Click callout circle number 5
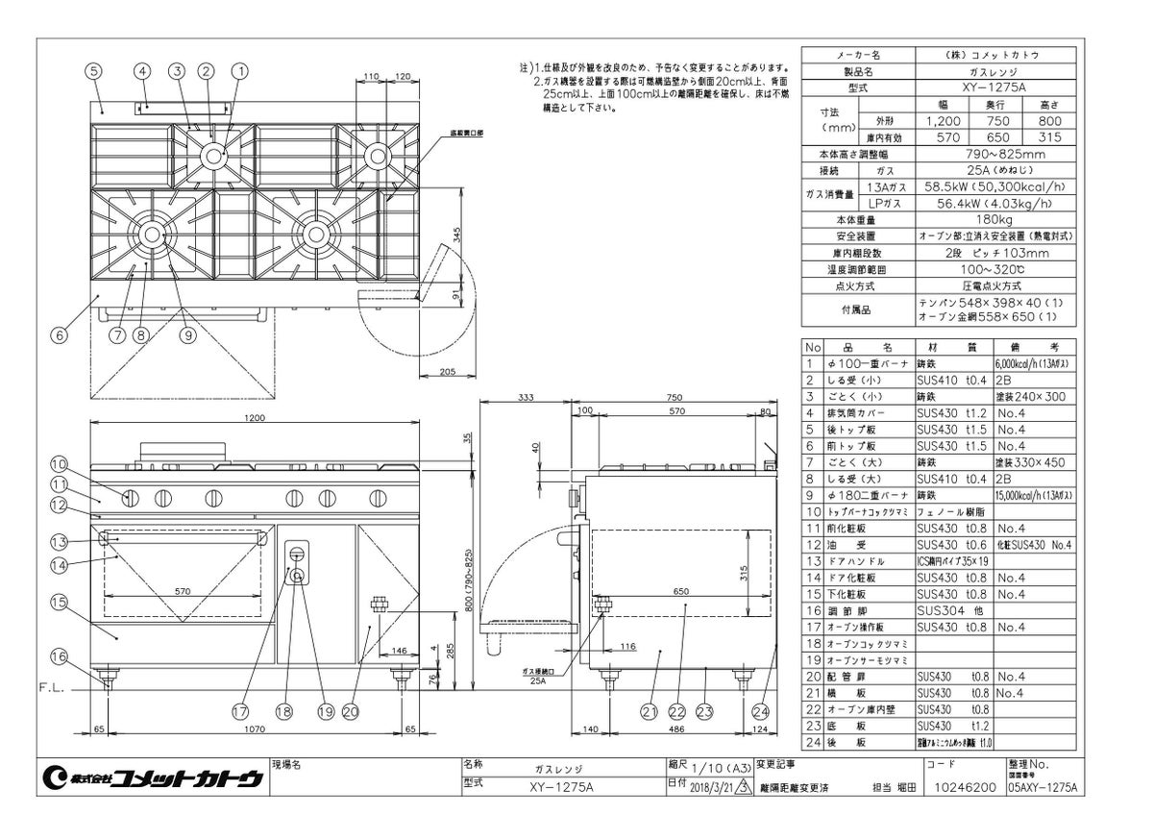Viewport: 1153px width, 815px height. coord(93,70)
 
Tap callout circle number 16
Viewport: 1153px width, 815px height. coord(59,657)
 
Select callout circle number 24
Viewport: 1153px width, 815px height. coord(762,712)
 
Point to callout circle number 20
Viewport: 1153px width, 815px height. coord(350,712)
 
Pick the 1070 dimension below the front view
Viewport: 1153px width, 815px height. coord(254,730)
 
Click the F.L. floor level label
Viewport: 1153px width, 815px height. coord(52,689)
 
